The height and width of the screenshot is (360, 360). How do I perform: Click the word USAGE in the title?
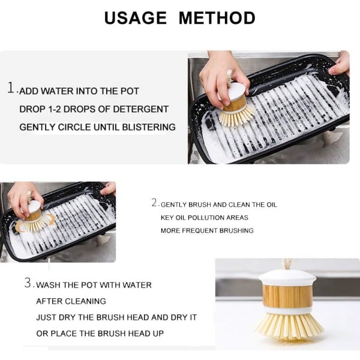pos(136,18)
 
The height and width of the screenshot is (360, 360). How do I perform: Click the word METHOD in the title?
pos(217,18)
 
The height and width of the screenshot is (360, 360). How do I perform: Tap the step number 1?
pos(11,88)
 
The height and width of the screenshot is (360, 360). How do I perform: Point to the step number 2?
pos(154,203)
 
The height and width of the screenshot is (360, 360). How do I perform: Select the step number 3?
pos(28,283)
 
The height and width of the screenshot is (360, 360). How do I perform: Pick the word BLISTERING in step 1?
pos(149,127)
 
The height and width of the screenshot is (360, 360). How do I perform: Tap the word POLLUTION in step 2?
pos(206,218)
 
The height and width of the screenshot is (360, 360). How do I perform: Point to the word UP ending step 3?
pos(158,334)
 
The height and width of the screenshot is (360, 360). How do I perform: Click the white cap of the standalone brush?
pos(287,278)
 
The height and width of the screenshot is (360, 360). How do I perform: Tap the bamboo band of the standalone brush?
pos(287,296)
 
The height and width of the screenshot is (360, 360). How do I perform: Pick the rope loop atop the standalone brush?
pos(287,264)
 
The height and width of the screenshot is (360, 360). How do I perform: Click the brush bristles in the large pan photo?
pos(236,116)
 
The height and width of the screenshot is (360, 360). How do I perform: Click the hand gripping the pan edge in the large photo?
pos(340,64)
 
